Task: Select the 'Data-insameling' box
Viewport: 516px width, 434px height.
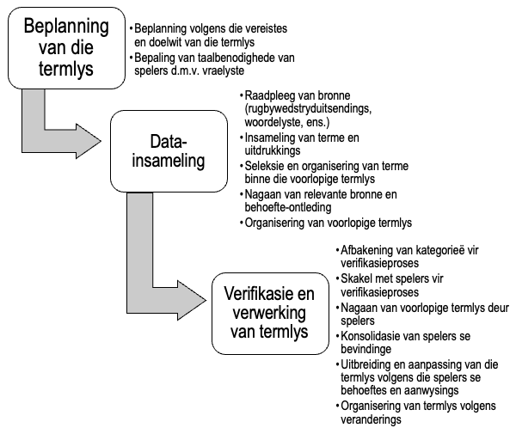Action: tap(167, 151)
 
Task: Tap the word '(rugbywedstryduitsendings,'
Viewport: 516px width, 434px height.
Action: tap(303, 109)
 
